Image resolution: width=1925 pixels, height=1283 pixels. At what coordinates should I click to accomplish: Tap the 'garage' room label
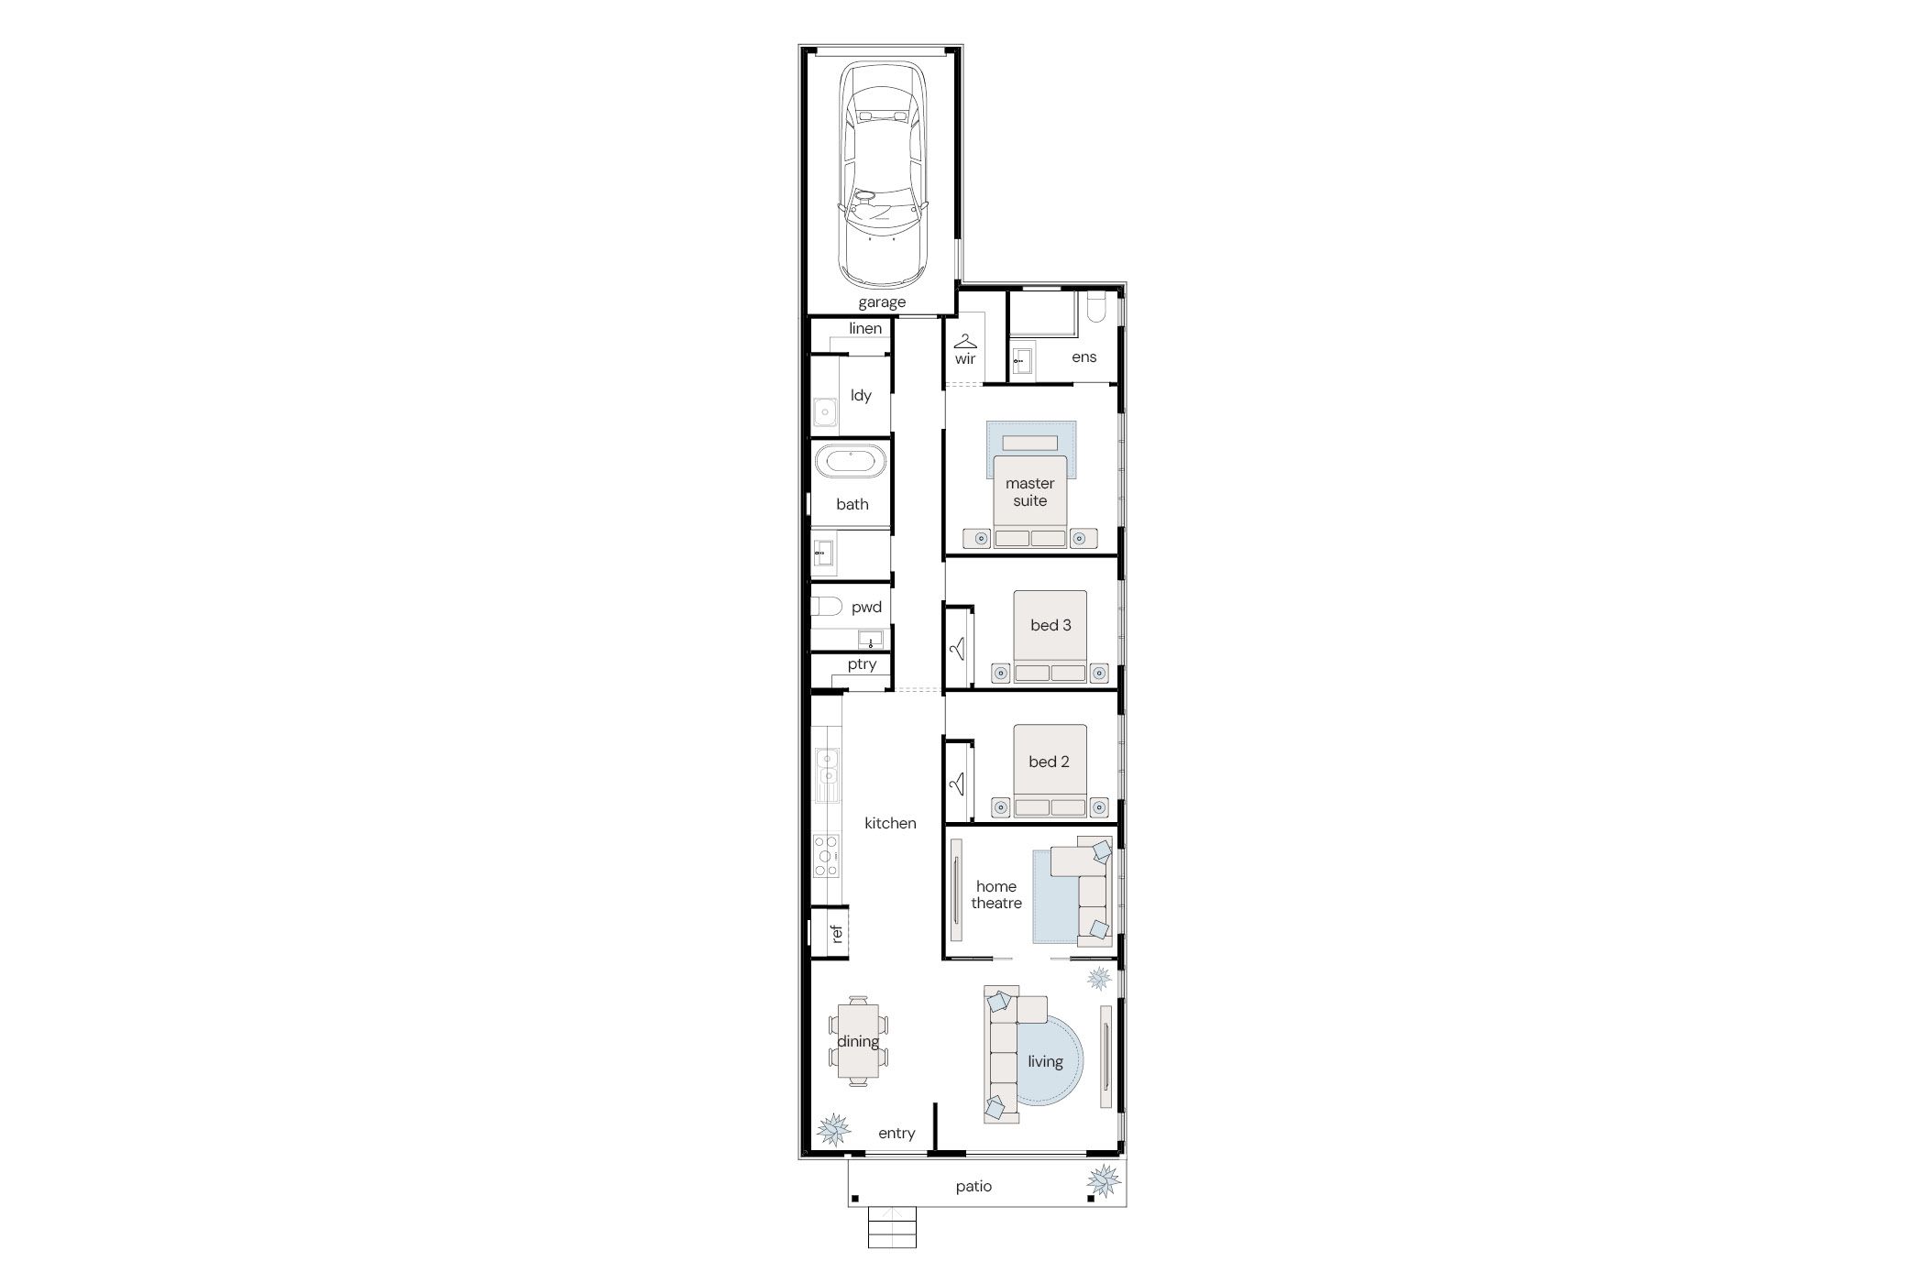pyautogui.click(x=882, y=302)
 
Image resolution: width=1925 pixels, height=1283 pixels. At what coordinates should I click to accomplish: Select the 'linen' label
pyautogui.click(x=865, y=328)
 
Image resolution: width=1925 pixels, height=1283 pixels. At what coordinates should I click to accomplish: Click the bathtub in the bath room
pyautogui.click(x=852, y=461)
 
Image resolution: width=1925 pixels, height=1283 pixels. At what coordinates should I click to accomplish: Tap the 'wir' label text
pyautogui.click(x=965, y=359)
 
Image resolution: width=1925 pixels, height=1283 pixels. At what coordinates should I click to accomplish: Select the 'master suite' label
pyautogui.click(x=1030, y=492)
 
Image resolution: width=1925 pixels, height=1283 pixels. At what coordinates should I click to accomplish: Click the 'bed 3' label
pyautogui.click(x=1050, y=625)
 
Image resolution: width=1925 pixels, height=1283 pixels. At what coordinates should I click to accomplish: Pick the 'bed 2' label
pyautogui.click(x=1049, y=762)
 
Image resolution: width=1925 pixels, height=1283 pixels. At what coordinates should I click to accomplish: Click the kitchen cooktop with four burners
pyautogui.click(x=185, y=856)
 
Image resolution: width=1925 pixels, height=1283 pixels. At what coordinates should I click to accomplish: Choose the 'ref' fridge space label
pyautogui.click(x=836, y=934)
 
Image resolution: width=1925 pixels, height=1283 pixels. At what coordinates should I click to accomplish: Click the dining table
pyautogui.click(x=858, y=1041)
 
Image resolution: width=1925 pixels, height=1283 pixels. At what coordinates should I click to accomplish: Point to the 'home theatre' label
pyautogui.click(x=996, y=894)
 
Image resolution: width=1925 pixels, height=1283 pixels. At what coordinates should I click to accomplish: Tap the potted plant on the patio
pyautogui.click(x=1104, y=1180)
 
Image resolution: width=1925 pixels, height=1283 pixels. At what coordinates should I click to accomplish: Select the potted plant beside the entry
pyautogui.click(x=833, y=1129)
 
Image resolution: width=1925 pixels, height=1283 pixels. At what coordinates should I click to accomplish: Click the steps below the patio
pyautogui.click(x=892, y=1227)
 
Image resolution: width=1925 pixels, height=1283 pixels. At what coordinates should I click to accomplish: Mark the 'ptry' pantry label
pyautogui.click(x=862, y=664)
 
